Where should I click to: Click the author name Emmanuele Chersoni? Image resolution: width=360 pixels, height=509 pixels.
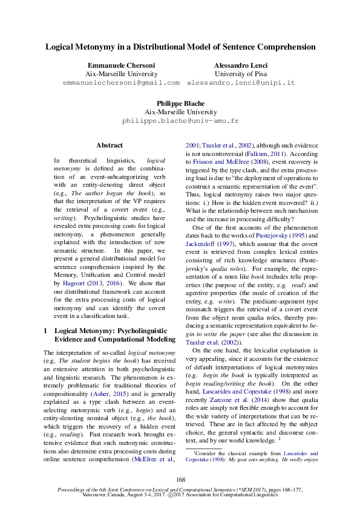[x=122, y=65]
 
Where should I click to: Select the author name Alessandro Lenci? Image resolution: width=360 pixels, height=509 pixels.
[x=241, y=65]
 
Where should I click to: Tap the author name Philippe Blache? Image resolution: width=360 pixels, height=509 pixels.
[x=180, y=103]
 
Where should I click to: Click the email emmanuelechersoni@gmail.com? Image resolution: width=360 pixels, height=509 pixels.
[x=122, y=82]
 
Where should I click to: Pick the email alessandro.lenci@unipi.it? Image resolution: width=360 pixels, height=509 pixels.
[x=241, y=82]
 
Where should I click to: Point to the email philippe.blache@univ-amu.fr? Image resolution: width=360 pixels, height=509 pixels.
[x=180, y=120]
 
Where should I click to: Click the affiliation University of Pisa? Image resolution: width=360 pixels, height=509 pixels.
[x=241, y=73]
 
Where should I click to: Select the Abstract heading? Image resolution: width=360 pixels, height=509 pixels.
[x=110, y=145]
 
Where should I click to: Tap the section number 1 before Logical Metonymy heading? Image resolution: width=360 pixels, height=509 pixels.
[x=47, y=331]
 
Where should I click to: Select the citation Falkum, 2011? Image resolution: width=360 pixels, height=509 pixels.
[x=279, y=154]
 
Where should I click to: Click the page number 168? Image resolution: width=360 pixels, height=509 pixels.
[x=180, y=479]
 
